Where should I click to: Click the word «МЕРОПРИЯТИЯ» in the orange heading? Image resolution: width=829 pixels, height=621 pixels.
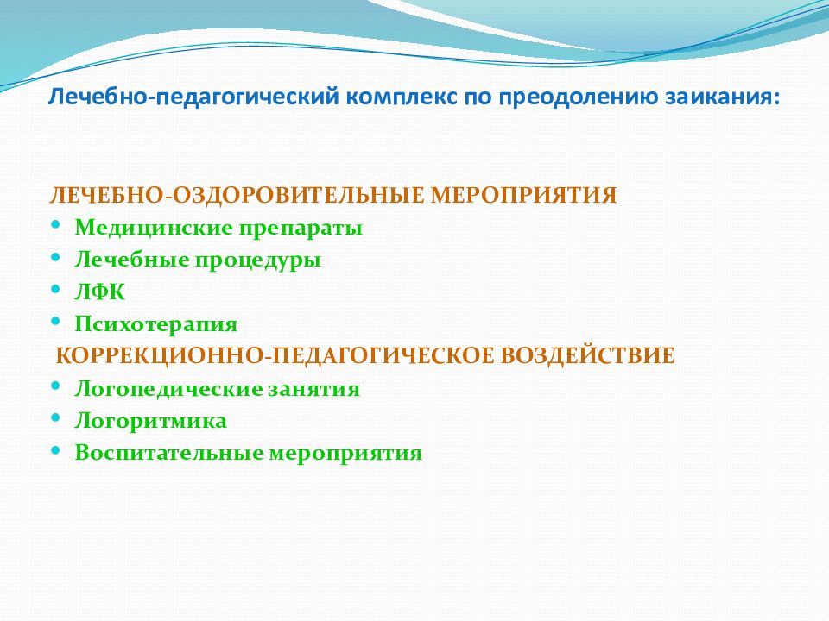523,195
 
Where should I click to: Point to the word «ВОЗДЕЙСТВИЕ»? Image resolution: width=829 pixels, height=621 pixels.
587,355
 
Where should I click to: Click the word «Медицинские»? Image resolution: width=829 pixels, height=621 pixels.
154,228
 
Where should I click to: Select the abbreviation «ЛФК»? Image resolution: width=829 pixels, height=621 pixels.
100,292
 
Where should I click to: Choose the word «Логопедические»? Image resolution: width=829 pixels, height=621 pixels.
168,390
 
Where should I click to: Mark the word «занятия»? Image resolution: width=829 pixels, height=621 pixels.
314,390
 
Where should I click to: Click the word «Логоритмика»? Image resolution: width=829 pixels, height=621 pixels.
150,422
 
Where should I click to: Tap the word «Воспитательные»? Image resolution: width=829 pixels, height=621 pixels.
168,453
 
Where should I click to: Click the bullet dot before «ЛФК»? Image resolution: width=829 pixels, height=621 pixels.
55,290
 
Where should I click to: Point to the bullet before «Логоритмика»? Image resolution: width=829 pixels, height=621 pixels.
55,418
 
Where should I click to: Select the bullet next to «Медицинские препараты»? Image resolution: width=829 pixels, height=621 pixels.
55,225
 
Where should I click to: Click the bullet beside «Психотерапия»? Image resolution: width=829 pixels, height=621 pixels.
55,322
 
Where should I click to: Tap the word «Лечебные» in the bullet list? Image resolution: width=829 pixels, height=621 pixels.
132,260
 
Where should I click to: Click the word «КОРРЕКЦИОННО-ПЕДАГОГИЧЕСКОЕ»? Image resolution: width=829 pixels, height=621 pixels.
275,356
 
